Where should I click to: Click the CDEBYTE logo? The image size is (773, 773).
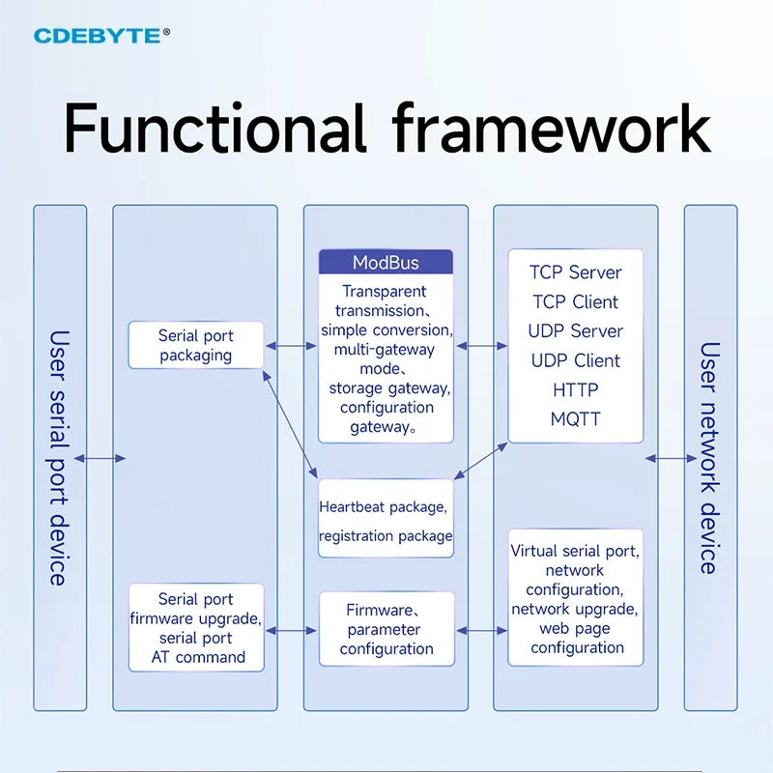(x=101, y=36)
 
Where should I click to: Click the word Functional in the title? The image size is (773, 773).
(x=215, y=128)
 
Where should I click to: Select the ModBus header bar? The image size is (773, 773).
(x=386, y=262)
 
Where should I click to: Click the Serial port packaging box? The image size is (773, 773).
(x=196, y=345)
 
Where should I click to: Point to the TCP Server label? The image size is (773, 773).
(x=575, y=272)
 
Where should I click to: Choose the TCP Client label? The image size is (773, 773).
(x=575, y=301)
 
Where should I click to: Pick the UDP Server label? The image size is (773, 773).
(x=575, y=330)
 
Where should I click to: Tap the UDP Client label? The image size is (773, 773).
(x=575, y=360)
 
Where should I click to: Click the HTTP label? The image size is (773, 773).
(x=575, y=390)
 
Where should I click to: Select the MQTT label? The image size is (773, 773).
(x=575, y=419)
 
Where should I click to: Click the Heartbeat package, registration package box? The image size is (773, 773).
(x=386, y=519)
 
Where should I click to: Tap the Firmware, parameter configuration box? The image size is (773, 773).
(x=386, y=629)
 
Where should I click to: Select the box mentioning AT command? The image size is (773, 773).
(x=196, y=627)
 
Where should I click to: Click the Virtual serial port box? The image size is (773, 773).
(x=575, y=597)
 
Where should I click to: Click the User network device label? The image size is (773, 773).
(x=710, y=458)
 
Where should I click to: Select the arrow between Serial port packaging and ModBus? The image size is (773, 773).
(x=291, y=346)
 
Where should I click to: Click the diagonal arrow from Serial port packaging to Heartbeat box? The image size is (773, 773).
(x=290, y=424)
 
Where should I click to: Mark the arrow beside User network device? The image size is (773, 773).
(x=671, y=458)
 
